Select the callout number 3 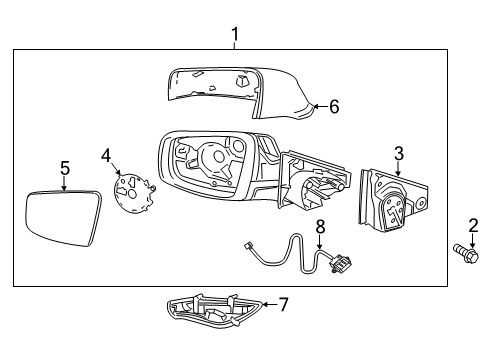point(398,153)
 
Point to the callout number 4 point(106,155)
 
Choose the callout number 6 point(334,106)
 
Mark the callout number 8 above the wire point(320,227)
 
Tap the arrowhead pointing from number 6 point(313,105)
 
